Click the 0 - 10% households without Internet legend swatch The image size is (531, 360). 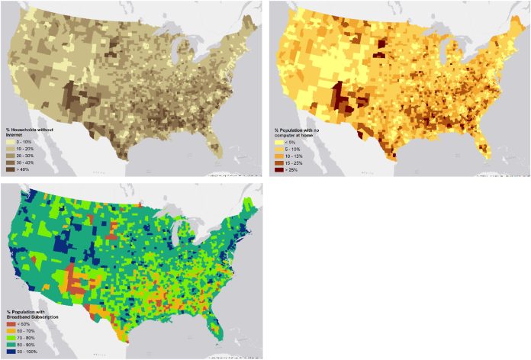tap(11, 142)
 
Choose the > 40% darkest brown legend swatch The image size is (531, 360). tap(11, 169)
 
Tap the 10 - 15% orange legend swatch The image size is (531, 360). tap(278, 155)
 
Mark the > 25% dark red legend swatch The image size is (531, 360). tap(278, 169)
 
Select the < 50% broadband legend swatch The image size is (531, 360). tap(11, 325)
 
